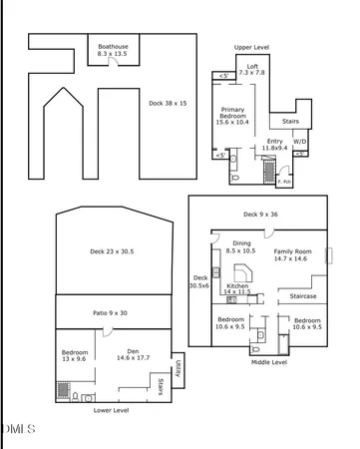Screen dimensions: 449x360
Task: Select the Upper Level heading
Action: [251, 47]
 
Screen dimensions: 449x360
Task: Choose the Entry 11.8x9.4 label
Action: [275, 145]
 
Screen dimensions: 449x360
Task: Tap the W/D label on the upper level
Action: [299, 141]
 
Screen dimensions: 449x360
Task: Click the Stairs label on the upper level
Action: [290, 122]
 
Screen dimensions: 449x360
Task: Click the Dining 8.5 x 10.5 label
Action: [242, 247]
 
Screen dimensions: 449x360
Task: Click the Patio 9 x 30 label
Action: [113, 313]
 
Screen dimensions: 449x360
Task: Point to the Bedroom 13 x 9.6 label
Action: [75, 356]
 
